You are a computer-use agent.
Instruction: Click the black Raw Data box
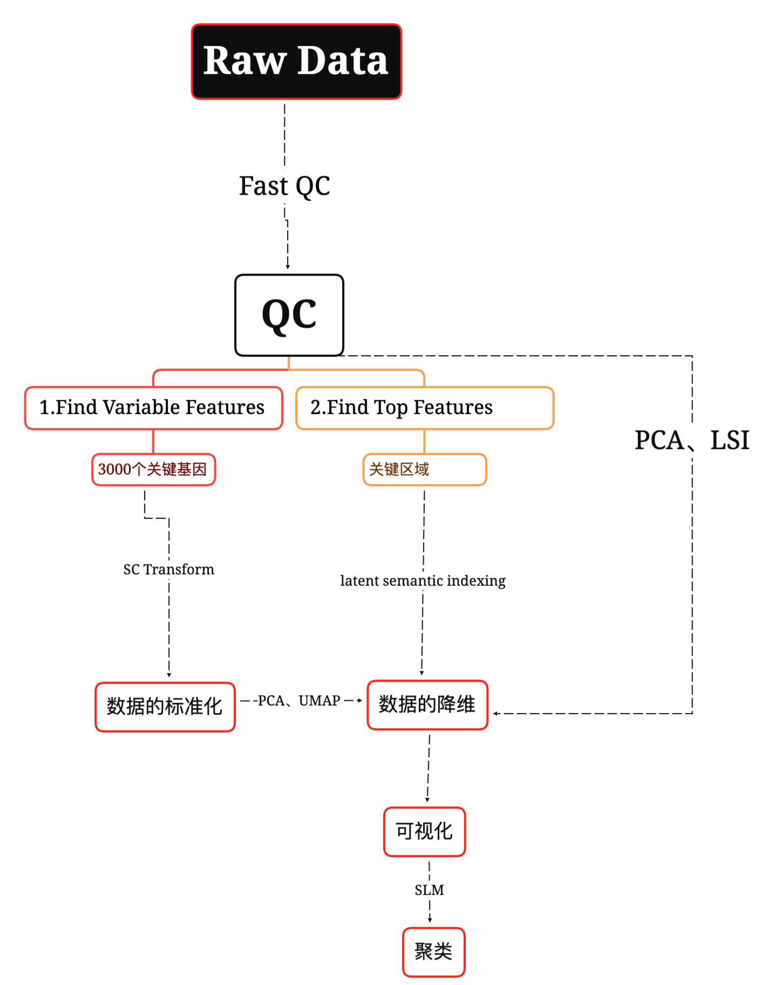[296, 62]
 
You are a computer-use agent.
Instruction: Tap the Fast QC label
[284, 186]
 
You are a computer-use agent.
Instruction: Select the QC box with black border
[289, 315]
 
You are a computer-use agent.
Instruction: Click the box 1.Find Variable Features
[153, 408]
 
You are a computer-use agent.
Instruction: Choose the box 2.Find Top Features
[425, 408]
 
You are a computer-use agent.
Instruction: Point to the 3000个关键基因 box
[153, 470]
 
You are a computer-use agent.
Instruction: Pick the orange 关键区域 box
[425, 470]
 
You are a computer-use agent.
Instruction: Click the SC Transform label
[169, 569]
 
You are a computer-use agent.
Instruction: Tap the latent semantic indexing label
[423, 581]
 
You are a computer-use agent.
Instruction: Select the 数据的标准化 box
[165, 707]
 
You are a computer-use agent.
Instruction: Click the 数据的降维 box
[427, 705]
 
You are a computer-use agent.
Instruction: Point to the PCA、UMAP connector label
[299, 701]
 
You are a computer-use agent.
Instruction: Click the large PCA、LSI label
[692, 440]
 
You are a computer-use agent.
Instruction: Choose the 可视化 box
[425, 831]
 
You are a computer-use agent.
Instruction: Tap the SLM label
[430, 890]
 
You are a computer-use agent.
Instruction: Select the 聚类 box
[433, 952]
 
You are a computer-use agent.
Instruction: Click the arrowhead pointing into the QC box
[288, 266]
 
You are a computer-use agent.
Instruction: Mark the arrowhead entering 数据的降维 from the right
[495, 714]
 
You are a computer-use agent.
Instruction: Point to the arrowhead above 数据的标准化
[169, 675]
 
